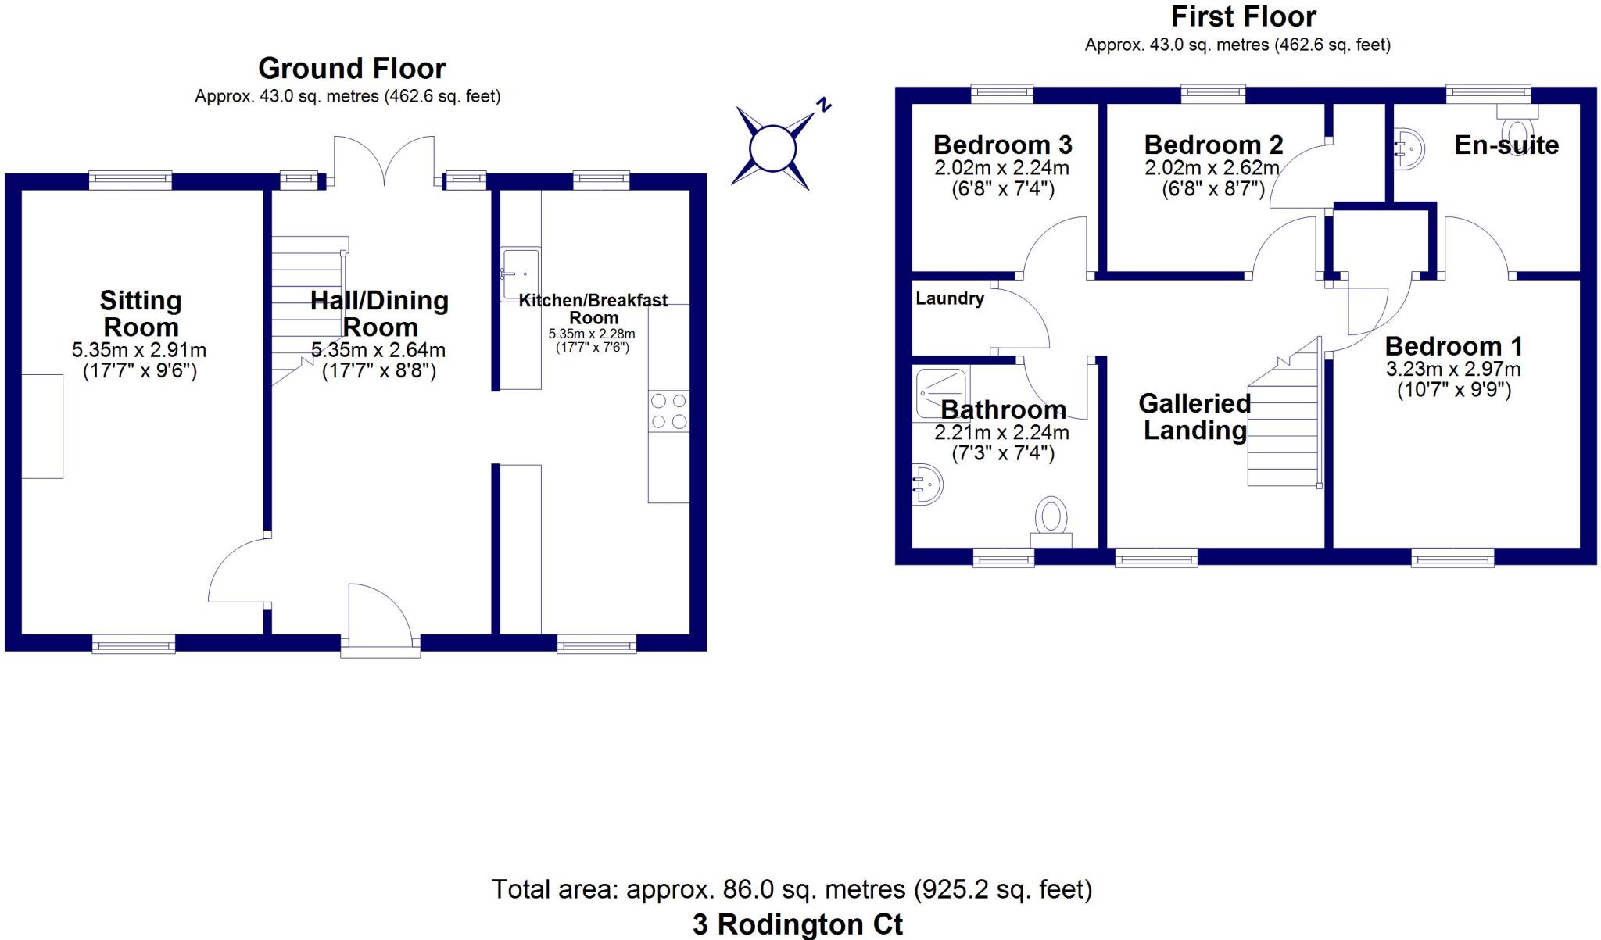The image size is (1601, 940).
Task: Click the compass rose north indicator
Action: (822, 105)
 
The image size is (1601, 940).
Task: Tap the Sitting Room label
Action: (141, 313)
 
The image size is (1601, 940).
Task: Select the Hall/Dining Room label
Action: (379, 313)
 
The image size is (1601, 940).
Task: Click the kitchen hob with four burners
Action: (669, 412)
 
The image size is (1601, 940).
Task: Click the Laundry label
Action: (949, 298)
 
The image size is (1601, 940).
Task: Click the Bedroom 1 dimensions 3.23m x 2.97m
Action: (1453, 370)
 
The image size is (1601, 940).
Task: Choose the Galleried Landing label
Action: (1194, 416)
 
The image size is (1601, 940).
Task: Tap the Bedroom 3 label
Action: (1002, 145)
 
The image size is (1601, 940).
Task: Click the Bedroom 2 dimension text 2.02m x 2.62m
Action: (1212, 168)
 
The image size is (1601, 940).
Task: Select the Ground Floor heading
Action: (352, 69)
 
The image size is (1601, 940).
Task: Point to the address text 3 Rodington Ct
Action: (797, 924)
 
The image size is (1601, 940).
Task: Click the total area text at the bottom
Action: (791, 889)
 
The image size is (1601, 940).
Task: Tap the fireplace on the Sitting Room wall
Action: (42, 426)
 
